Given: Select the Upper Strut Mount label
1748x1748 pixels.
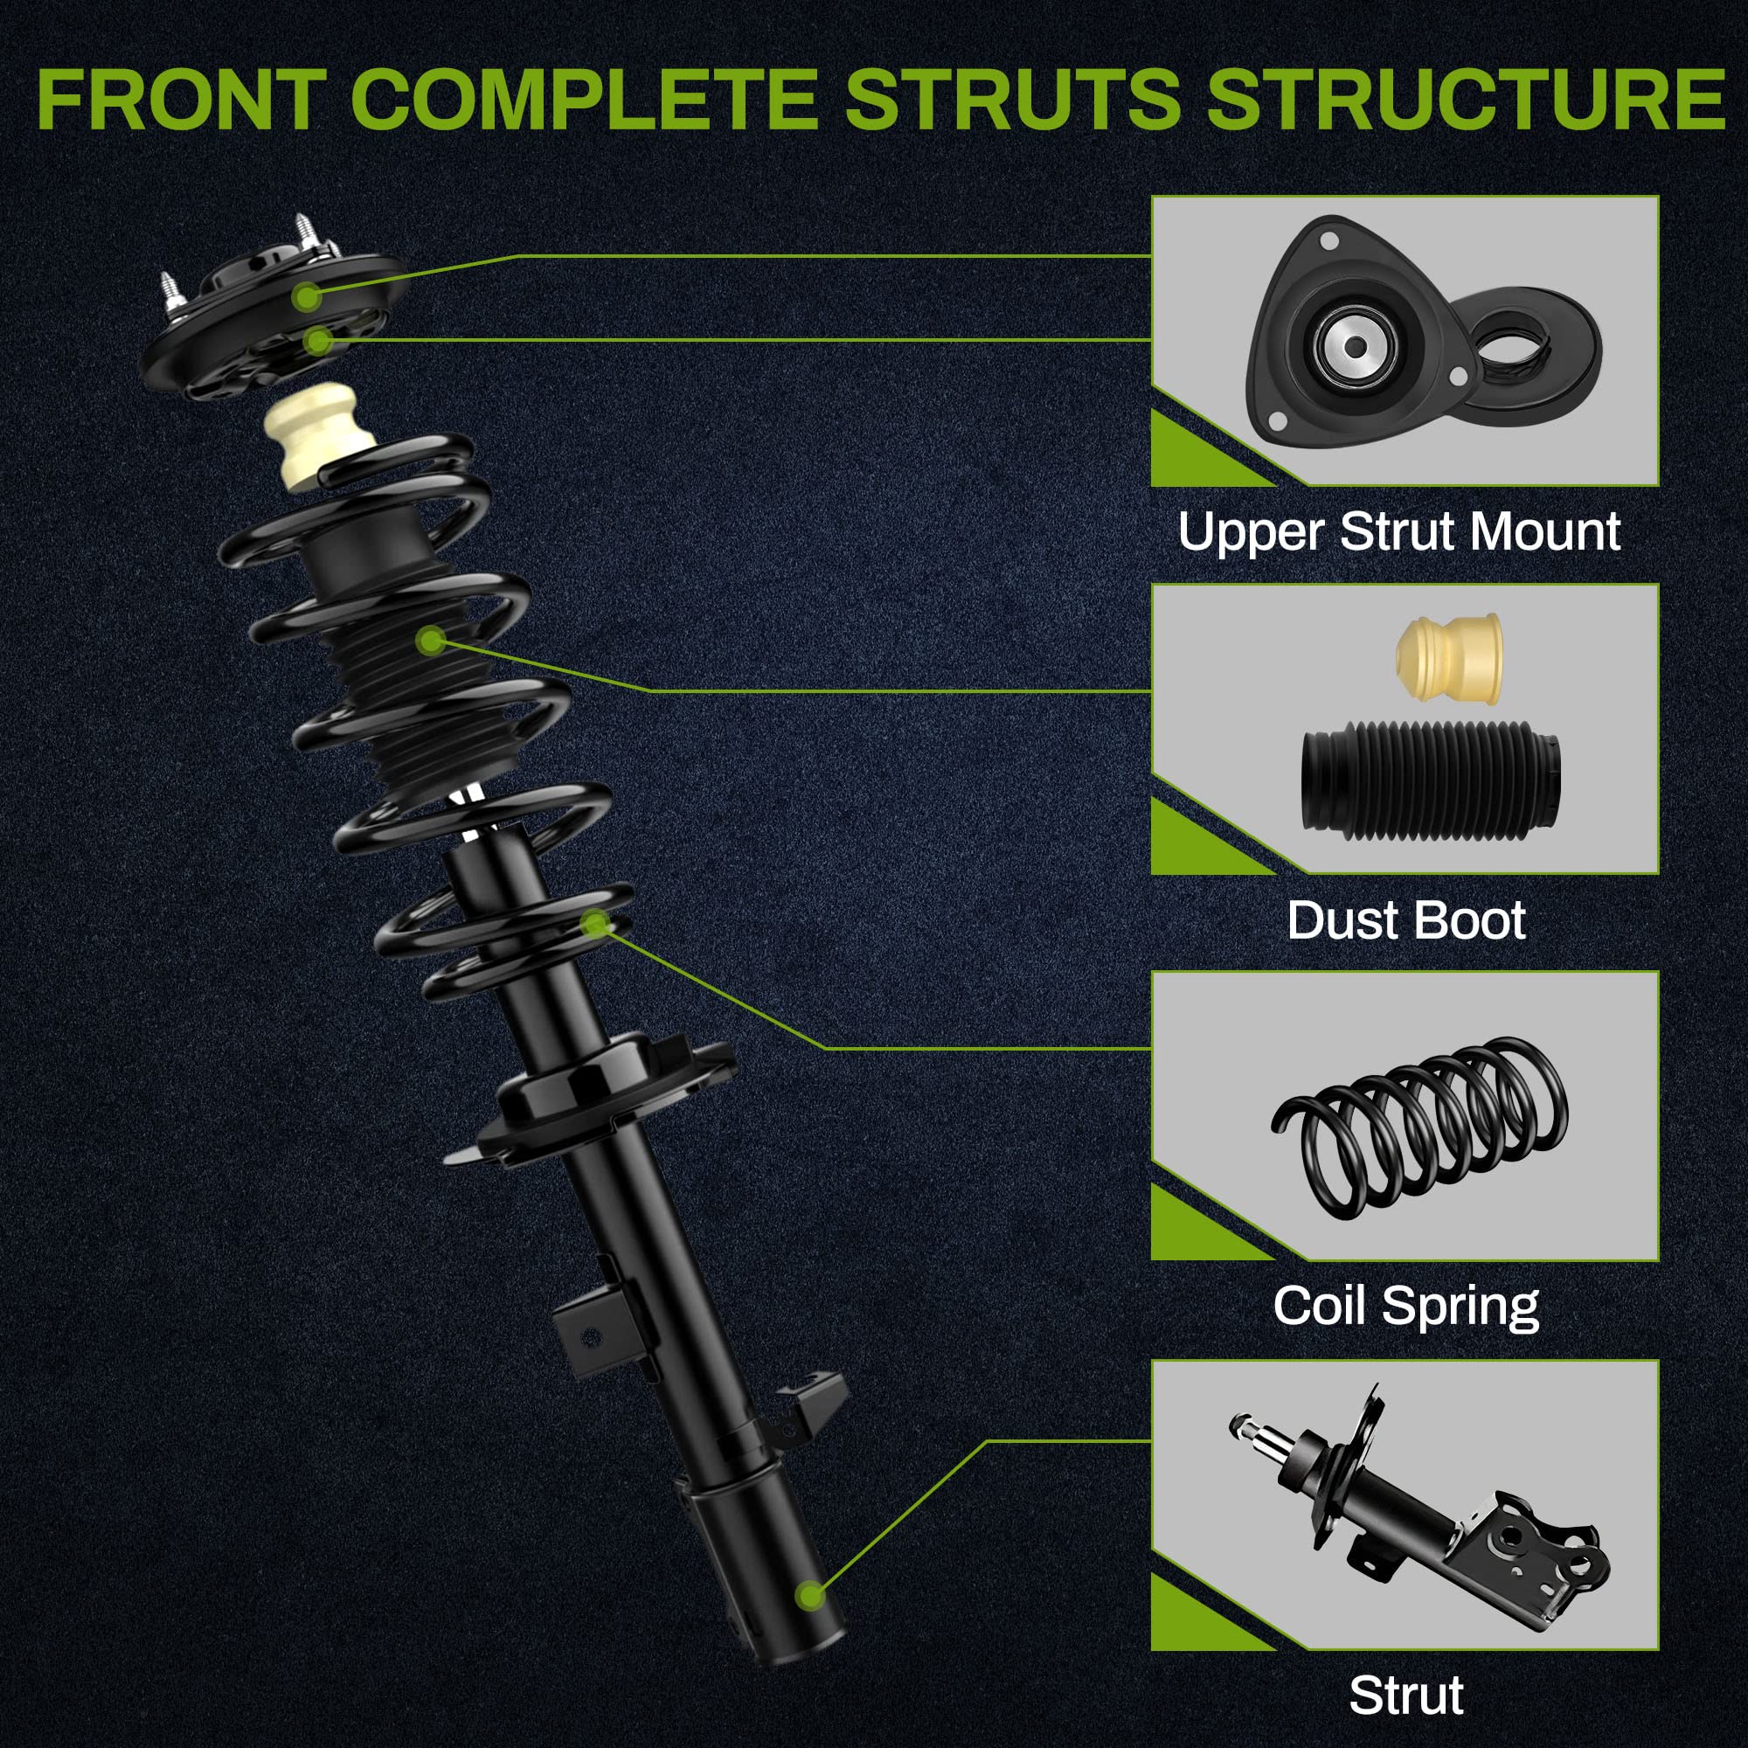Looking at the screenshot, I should coord(1398,531).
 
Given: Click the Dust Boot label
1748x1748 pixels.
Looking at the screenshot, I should coord(1406,920).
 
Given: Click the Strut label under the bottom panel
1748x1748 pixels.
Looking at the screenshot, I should coord(1406,1695).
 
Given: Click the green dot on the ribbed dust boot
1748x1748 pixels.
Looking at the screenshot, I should coord(433,642).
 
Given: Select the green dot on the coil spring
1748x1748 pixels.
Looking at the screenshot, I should coord(595,923).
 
